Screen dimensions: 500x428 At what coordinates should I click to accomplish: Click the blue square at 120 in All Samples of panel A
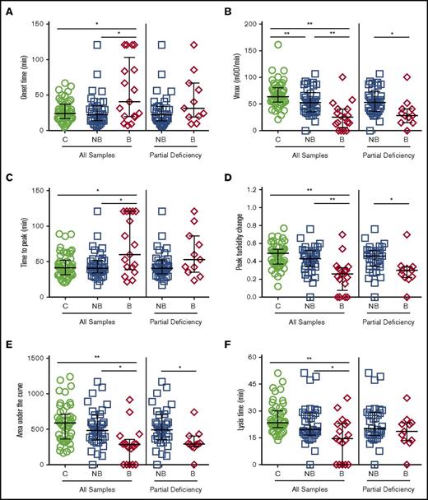click(96, 45)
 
